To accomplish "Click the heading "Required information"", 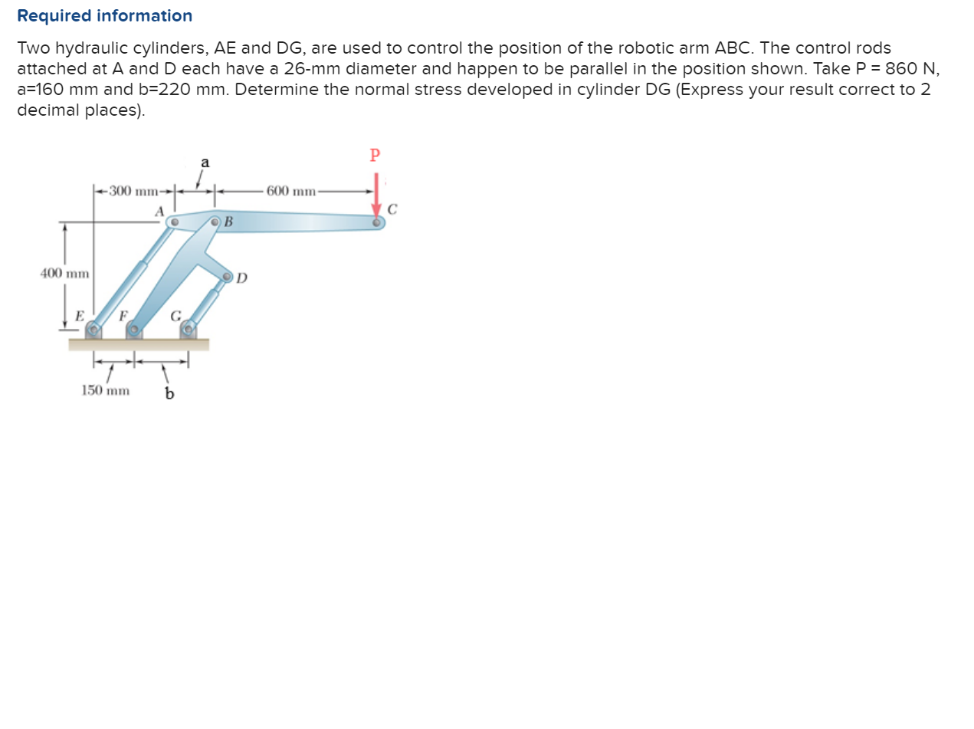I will [x=104, y=16].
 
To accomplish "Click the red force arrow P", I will [x=375, y=195].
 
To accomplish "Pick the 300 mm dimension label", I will [x=134, y=190].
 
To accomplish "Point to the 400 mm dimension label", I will [x=64, y=273].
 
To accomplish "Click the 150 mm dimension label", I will [x=105, y=390].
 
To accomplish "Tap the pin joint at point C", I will [x=377, y=223].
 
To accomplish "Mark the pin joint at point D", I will [x=228, y=277].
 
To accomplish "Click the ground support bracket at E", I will [x=93, y=330].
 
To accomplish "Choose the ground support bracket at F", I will [x=134, y=330].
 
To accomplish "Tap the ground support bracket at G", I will [x=188, y=330].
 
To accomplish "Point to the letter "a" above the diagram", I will [x=205, y=163].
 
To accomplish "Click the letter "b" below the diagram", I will [x=169, y=394].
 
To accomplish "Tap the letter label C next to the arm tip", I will [x=392, y=209].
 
